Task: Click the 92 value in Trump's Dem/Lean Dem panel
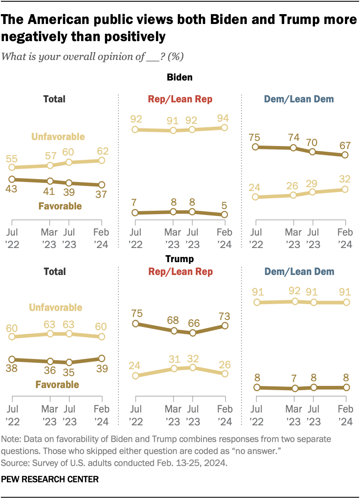tap(294, 292)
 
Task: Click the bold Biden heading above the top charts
tap(180, 78)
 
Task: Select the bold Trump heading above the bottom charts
tap(180, 259)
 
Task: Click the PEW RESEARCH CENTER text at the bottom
tap(50, 479)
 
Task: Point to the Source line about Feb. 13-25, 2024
tap(115, 463)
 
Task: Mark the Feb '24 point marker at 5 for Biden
tap(224, 215)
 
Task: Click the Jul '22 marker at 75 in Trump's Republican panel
tap(135, 324)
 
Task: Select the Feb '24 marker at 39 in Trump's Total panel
tap(102, 359)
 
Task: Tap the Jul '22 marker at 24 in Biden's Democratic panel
tap(256, 197)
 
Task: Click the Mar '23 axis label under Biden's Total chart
tap(50, 238)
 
